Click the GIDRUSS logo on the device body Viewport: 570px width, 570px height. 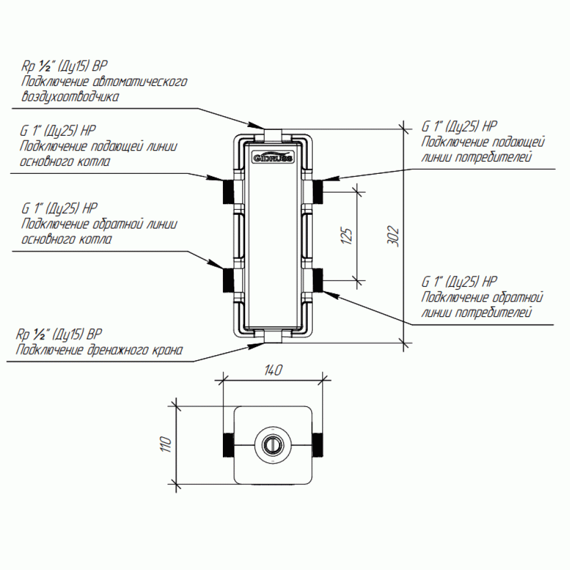(273, 157)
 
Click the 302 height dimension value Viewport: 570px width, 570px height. (393, 237)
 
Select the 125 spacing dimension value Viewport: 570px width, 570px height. (347, 237)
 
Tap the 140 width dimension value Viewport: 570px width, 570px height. (274, 370)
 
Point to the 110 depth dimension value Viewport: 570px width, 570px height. (165, 444)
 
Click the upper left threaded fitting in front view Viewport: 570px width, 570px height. (229, 191)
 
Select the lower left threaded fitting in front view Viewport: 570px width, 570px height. (229, 280)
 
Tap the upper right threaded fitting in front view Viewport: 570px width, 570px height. (317, 191)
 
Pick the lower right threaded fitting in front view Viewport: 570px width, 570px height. (317, 280)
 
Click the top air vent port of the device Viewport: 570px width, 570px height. (273, 135)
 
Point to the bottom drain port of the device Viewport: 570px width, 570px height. (273, 337)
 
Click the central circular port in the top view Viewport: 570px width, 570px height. (273, 445)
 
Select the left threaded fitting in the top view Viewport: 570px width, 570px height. (229, 445)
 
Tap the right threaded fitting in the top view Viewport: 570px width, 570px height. (317, 445)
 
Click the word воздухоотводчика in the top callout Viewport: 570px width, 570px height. (70, 97)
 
